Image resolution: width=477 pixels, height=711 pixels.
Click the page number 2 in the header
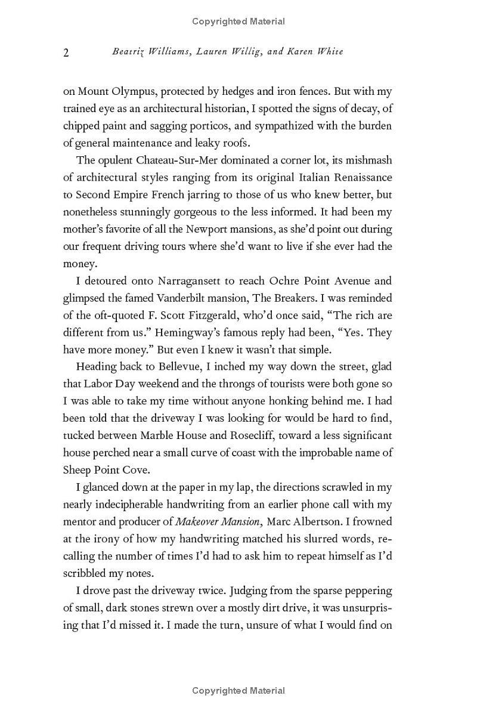(66, 52)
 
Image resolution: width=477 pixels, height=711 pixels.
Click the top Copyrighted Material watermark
(238, 21)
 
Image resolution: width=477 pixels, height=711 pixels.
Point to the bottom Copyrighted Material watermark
(238, 691)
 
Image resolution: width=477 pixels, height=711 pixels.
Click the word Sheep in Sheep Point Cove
(77, 470)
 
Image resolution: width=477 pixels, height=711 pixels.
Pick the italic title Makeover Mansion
(218, 522)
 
